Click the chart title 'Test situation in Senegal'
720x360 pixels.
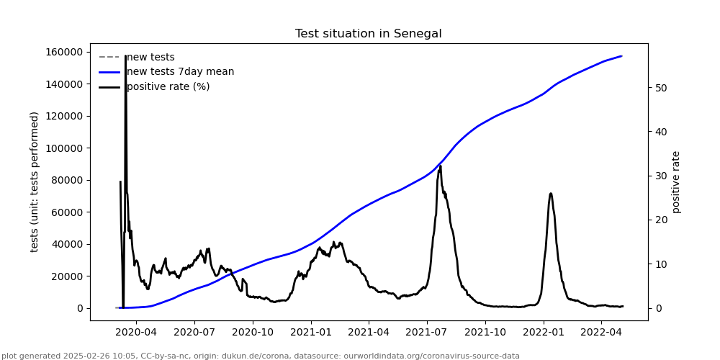point(368,34)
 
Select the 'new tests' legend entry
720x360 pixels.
point(150,58)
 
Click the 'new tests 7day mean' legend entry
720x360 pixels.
point(180,72)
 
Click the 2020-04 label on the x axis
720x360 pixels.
point(136,332)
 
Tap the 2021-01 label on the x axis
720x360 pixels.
point(310,332)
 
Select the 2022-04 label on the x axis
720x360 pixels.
point(601,332)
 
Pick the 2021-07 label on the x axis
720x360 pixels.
point(427,332)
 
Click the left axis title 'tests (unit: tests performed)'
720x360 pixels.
point(35,181)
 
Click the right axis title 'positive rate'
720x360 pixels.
point(676,181)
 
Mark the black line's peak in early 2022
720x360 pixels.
point(551,193)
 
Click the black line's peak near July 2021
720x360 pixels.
point(440,166)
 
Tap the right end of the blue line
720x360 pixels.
point(621,56)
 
